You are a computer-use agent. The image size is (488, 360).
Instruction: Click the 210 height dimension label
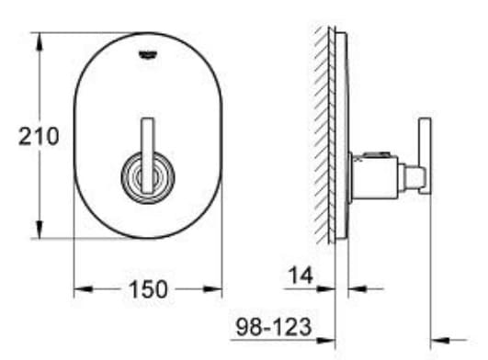click(x=39, y=137)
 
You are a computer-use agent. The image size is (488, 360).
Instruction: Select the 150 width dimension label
click(x=147, y=289)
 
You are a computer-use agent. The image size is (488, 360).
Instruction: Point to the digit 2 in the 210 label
click(x=27, y=137)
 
